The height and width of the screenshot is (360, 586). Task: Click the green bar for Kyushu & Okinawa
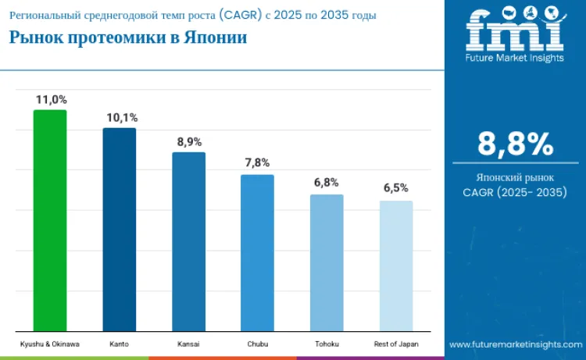coord(50,220)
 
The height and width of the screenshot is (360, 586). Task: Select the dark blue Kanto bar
coord(119,230)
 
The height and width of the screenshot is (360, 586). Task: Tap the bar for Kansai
coord(188,241)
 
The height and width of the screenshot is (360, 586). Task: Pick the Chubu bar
coord(257,253)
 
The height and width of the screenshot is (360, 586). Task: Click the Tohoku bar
coord(327,262)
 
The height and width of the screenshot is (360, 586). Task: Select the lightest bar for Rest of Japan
coord(395,266)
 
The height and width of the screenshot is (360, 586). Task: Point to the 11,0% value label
coord(51,99)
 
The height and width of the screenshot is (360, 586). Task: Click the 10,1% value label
coord(121,118)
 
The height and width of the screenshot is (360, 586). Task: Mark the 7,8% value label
coord(257,163)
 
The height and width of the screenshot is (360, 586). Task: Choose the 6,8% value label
coord(327,183)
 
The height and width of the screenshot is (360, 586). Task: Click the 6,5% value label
coord(395,188)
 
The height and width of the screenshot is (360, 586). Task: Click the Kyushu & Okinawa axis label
coord(50,344)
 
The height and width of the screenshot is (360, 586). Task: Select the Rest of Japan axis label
coord(395,344)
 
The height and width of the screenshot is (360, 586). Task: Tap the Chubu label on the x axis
coord(257,344)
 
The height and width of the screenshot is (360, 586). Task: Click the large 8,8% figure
coord(515,144)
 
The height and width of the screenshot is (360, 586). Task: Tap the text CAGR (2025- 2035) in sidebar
coord(515,192)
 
